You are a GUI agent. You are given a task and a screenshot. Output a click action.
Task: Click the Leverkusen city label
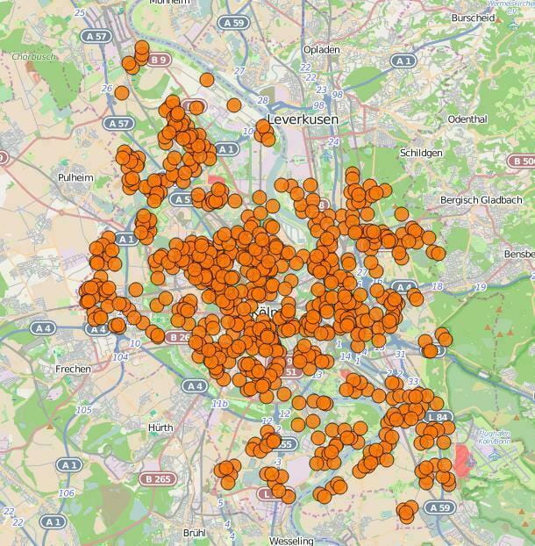[302, 119]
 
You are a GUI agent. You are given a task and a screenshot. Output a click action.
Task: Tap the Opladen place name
[320, 50]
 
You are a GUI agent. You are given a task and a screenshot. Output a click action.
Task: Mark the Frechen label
[73, 370]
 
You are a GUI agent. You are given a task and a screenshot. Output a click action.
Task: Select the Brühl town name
[194, 532]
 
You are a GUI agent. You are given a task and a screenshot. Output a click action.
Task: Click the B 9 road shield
[159, 60]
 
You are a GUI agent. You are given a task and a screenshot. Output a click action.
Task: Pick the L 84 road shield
[436, 417]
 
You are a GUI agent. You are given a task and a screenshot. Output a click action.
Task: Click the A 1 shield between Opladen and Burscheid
[403, 61]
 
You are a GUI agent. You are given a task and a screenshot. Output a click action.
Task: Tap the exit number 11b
[219, 403]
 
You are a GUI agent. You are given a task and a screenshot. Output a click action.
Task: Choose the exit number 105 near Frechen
[83, 410]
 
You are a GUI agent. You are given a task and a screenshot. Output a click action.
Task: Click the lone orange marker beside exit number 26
[122, 92]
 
